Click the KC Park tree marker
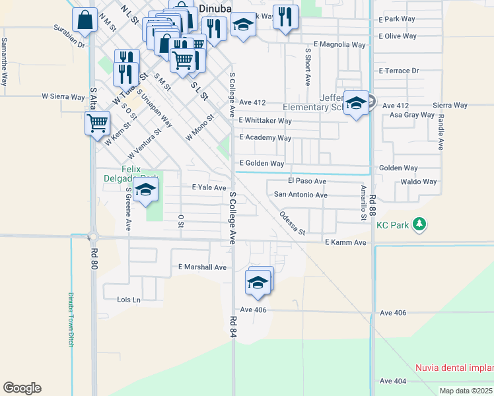tap(419, 225)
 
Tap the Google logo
tap(22, 388)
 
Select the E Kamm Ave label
tap(345, 243)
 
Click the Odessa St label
tap(292, 223)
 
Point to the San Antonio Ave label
tap(300, 195)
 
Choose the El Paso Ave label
tap(307, 181)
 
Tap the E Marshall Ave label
tap(202, 267)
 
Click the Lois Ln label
tap(129, 300)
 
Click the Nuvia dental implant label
tap(454, 368)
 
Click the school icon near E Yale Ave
tap(145, 191)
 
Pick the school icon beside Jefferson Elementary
tap(356, 103)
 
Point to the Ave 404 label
tap(393, 381)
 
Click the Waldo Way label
tap(419, 181)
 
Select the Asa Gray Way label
tap(412, 115)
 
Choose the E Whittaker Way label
tap(265, 121)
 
